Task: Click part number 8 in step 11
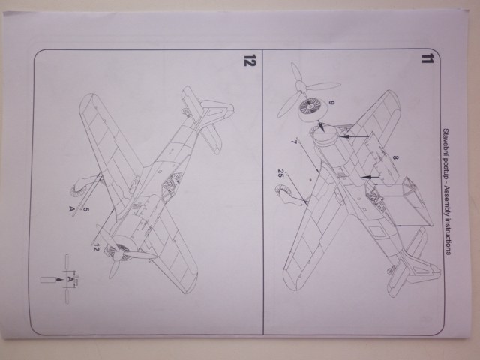(395, 158)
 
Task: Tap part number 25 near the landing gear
(280, 174)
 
